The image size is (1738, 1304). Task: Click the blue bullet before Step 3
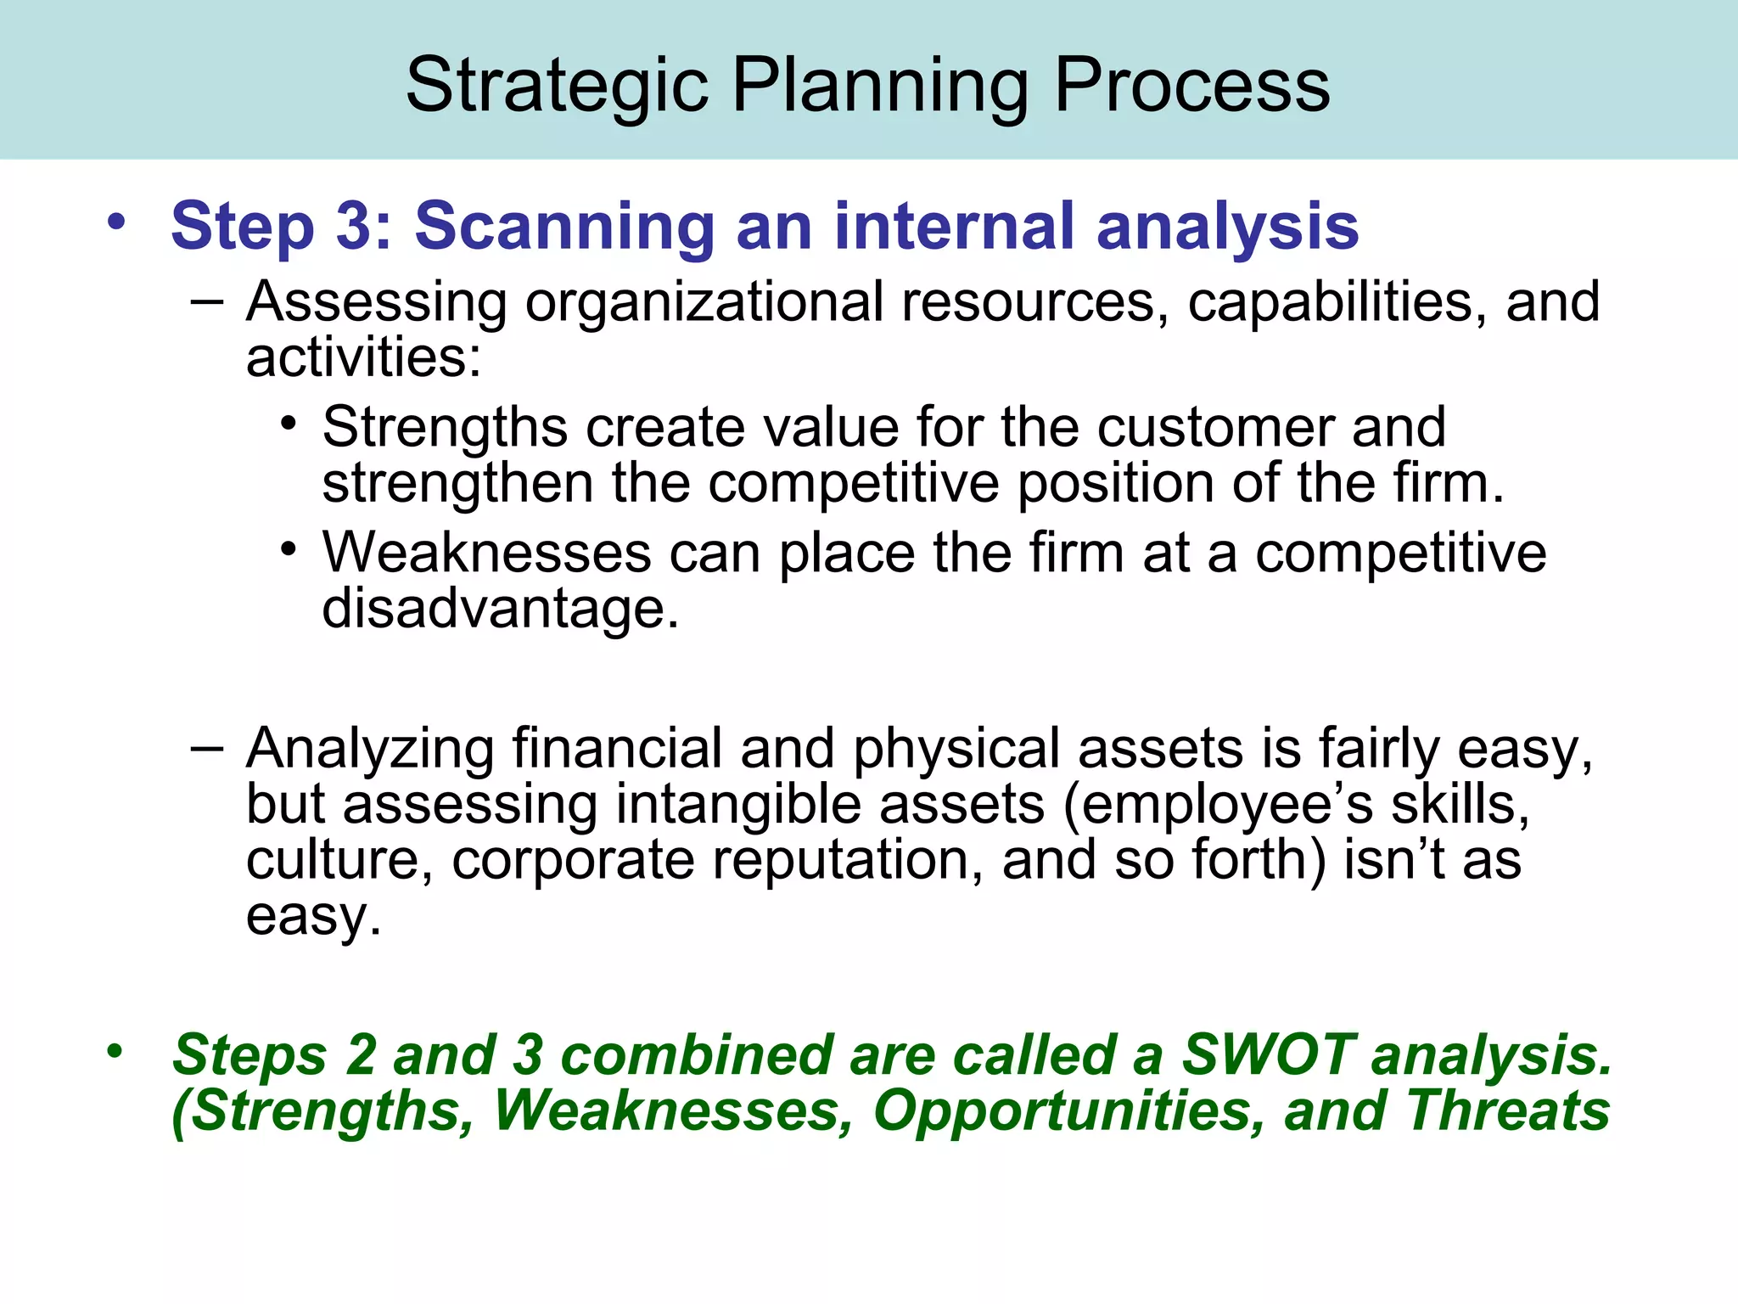(116, 223)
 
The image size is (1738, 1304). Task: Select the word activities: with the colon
(363, 357)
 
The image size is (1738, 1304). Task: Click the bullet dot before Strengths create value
(289, 422)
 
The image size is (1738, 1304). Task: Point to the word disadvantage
(500, 609)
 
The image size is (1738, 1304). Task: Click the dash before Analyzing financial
(207, 748)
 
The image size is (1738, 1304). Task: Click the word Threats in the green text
(1507, 1111)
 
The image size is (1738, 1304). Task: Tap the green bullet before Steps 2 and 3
(115, 1052)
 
